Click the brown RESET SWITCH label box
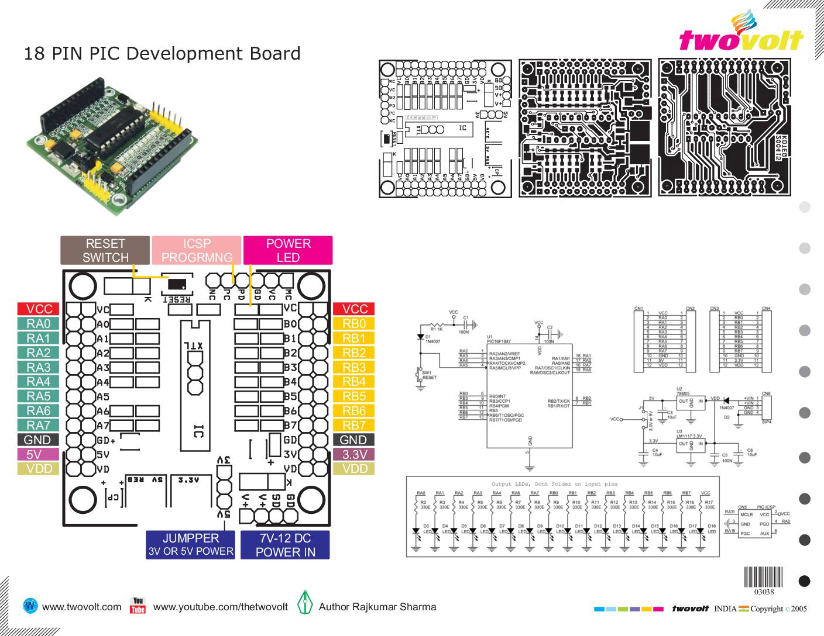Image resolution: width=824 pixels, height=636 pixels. point(105,250)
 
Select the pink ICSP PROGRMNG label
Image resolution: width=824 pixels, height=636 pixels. point(197,250)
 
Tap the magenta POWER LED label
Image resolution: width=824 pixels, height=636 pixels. point(288,250)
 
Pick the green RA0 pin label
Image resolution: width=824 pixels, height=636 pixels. point(39,324)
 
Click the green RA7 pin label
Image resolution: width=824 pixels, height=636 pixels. point(39,426)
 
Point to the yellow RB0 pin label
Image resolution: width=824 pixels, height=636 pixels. point(354,324)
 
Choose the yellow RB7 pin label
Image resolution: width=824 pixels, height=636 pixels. point(354,426)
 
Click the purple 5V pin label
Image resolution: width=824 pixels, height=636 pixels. point(39,454)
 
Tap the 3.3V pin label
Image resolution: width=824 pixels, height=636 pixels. point(354,454)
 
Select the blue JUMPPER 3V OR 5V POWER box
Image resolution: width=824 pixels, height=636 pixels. point(191,545)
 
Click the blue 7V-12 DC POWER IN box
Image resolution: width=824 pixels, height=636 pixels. point(285,545)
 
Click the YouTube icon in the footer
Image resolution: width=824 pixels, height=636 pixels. point(138,606)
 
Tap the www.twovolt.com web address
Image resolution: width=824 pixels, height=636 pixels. point(82,607)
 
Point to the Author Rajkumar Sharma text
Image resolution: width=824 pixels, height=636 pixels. point(377,607)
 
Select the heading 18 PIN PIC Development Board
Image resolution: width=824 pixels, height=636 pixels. point(162,54)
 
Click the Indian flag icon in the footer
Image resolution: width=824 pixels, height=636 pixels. point(743,609)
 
